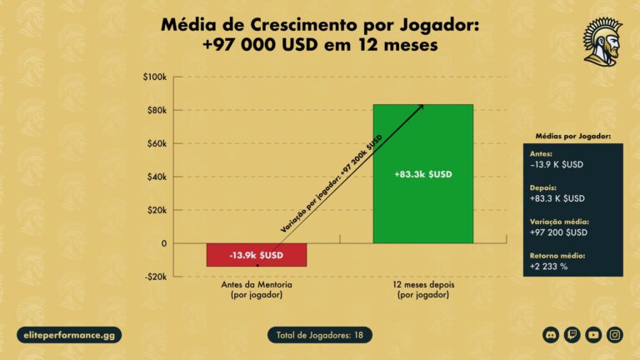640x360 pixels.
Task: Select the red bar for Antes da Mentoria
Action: [257, 255]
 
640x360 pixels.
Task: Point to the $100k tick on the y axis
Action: [155, 77]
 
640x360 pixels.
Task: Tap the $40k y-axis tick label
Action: [157, 177]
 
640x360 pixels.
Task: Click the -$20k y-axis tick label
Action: [155, 277]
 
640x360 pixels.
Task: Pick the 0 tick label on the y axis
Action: [163, 243]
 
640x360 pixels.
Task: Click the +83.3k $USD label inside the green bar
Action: [422, 174]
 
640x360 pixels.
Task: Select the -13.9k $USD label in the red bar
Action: [257, 252]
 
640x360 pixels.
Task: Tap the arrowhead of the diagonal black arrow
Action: [421, 107]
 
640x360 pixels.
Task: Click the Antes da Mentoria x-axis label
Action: [257, 290]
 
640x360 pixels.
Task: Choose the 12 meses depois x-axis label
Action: [422, 290]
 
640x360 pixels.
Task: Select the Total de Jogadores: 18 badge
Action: [319, 335]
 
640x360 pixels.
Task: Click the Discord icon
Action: [550, 335]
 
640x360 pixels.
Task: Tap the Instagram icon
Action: [615, 335]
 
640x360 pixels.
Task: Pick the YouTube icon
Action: [593, 335]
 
